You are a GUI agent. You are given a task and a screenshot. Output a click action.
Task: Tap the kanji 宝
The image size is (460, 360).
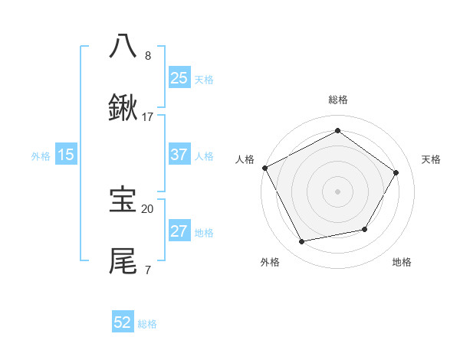(x=123, y=200)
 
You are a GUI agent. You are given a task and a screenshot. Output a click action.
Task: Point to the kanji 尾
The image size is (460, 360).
(x=123, y=261)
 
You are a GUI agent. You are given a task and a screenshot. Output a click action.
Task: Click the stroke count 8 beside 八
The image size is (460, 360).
(x=148, y=55)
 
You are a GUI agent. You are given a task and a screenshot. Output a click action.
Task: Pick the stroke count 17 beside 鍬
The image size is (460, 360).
(x=148, y=117)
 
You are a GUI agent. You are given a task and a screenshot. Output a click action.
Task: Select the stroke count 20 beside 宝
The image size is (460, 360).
(x=148, y=208)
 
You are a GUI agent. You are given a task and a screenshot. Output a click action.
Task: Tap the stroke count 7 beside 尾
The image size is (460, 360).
(x=148, y=270)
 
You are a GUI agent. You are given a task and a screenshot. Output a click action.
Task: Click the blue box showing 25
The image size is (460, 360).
(x=179, y=77)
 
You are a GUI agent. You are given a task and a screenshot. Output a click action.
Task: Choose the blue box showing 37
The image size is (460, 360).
(x=179, y=155)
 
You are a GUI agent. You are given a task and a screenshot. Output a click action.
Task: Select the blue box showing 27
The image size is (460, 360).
(x=179, y=231)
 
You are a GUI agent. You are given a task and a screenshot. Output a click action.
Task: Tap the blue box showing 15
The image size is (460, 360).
(x=66, y=155)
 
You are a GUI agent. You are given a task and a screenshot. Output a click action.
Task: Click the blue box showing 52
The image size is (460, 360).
(x=123, y=322)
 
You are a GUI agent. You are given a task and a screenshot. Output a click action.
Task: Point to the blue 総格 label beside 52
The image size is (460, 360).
(x=147, y=324)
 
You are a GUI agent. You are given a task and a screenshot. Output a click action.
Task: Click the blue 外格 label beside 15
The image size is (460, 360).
(x=41, y=156)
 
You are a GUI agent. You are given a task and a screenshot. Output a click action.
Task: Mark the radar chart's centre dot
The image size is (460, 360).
(x=337, y=191)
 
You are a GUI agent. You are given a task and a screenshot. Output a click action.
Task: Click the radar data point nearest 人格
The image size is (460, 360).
(x=264, y=168)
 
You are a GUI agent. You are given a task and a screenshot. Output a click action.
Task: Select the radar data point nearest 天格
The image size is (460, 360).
(x=396, y=172)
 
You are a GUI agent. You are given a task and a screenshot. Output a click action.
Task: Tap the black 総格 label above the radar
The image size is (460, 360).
(x=338, y=100)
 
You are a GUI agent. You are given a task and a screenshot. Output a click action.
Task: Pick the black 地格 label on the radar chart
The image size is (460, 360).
(x=402, y=262)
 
